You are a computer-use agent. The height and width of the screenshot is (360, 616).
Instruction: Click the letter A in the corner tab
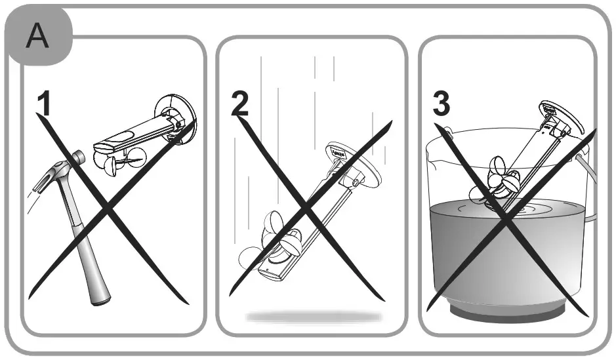point(36,37)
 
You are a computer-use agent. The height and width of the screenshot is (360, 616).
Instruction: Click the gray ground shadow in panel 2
point(314,317)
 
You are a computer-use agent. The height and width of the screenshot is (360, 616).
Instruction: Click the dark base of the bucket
point(507,310)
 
